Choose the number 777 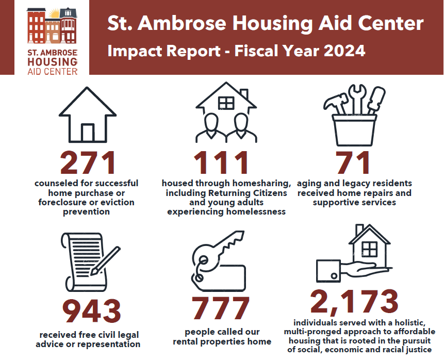pos(221,308)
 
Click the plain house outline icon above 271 pos(87,116)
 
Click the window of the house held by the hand pos(369,249)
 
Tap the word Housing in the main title pos(273,24)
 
